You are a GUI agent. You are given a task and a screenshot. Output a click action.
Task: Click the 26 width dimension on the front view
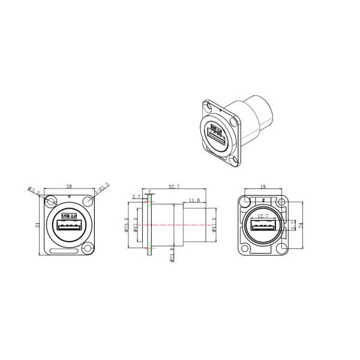70,187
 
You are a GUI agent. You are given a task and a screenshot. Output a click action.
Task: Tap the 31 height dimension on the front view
37,225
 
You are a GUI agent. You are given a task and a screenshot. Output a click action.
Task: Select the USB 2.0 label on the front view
70,215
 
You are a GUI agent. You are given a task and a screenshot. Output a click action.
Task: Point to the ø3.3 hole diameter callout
34,191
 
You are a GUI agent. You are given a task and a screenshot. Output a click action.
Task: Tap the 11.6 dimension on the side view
194,200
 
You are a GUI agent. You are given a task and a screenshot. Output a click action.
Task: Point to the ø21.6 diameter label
172,256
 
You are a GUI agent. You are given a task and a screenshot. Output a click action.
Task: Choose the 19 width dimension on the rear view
263,187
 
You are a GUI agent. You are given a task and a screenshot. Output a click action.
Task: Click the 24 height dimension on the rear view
302,225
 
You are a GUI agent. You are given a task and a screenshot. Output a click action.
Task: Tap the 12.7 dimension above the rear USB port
263,216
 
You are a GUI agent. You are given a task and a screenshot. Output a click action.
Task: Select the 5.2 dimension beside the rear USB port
293,226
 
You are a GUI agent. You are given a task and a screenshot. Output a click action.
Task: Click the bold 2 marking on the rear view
263,198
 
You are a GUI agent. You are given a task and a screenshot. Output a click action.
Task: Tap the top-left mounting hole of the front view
52,200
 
